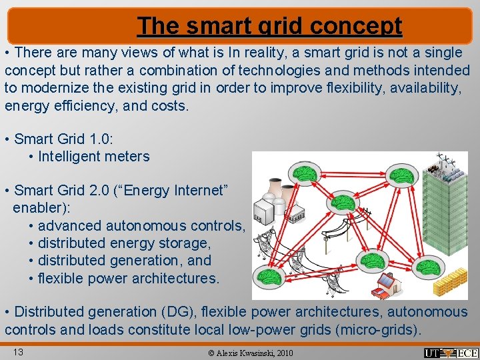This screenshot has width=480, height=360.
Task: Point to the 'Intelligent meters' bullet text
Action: (94, 157)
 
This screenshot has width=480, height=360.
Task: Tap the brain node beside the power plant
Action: (305, 175)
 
